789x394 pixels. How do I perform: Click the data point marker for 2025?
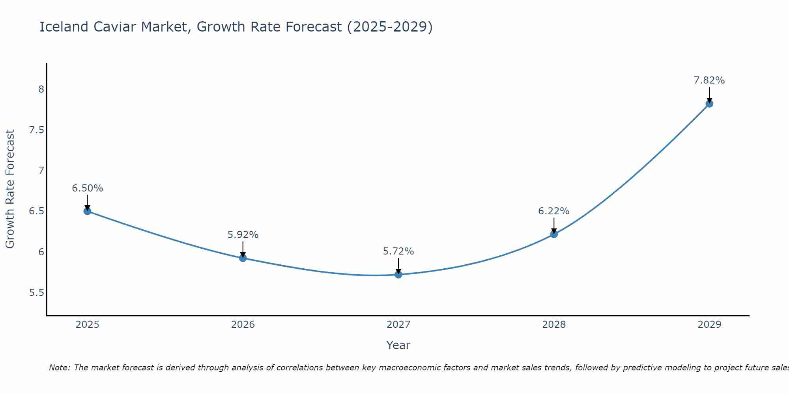87,211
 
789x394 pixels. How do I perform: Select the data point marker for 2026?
243,258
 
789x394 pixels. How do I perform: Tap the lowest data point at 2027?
398,275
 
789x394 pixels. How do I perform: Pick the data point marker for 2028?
554,234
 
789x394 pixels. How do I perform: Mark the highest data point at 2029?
709,104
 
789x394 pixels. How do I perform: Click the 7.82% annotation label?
709,80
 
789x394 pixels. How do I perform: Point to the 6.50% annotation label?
87,188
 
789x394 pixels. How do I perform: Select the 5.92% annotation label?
243,235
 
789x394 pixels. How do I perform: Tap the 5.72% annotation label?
398,251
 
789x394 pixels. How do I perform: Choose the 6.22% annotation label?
554,211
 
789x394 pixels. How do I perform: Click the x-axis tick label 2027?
398,325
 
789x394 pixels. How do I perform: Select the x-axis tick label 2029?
709,325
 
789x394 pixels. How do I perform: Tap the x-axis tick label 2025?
87,325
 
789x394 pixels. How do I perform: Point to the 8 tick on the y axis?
41,89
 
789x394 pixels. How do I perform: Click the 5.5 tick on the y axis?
37,293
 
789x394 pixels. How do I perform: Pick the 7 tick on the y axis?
41,171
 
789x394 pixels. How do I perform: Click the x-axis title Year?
398,345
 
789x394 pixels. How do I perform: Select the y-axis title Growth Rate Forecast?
10,189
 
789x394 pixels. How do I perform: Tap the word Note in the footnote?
59,368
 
